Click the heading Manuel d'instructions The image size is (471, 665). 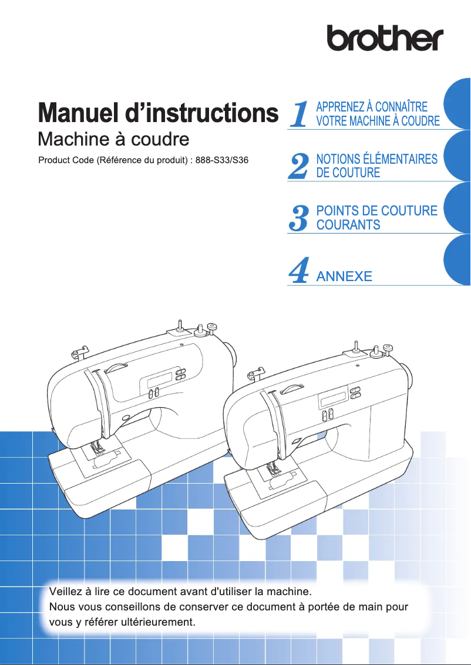(x=157, y=113)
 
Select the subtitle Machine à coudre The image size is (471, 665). (x=113, y=139)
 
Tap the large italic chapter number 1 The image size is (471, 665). (x=299, y=114)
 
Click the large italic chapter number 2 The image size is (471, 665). (x=299, y=166)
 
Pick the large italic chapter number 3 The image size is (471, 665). (x=299, y=218)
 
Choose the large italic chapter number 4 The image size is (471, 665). (x=299, y=271)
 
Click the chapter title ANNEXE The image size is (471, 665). (x=344, y=276)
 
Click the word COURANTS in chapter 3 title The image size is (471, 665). (x=348, y=225)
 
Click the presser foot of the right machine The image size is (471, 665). (x=272, y=469)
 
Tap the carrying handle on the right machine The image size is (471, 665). (x=291, y=389)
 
